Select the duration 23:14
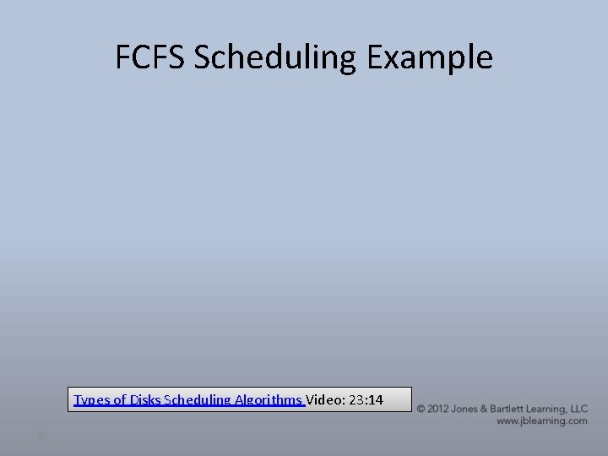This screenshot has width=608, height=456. (366, 399)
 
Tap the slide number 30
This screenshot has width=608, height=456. (40, 435)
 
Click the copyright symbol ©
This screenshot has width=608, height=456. (421, 409)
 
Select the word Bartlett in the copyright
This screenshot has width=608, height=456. (513, 409)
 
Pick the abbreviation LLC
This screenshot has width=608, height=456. (579, 409)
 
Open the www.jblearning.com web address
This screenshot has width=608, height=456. (541, 421)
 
